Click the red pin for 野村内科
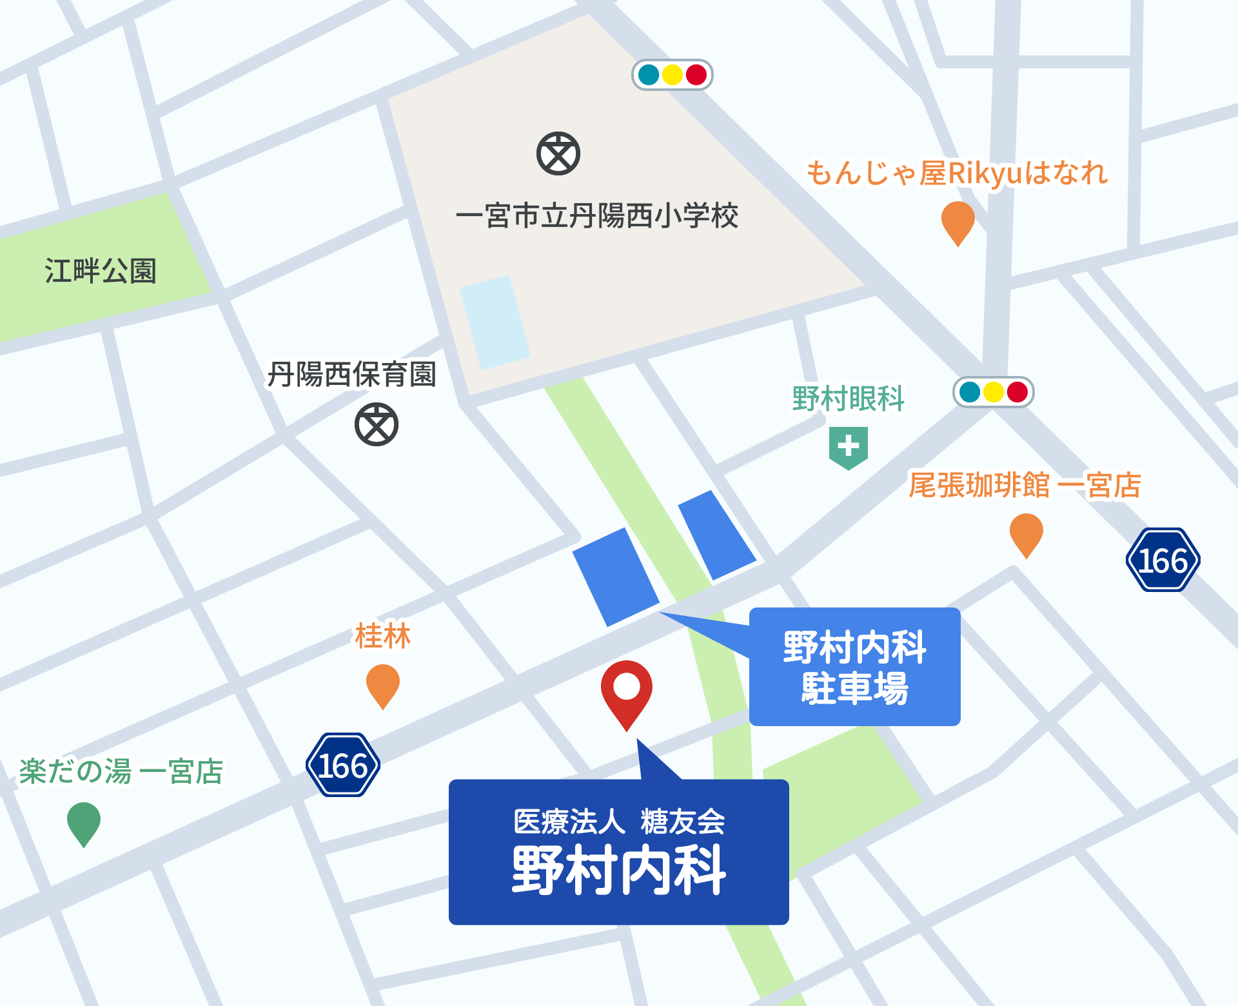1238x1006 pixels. pyautogui.click(x=626, y=691)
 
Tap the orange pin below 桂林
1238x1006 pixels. pyautogui.click(x=383, y=684)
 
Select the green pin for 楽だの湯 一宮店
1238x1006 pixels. pyautogui.click(x=84, y=822)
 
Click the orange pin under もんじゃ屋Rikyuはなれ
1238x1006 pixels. pyautogui.click(x=958, y=221)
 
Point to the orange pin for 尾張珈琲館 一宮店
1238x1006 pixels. pyautogui.click(x=1026, y=533)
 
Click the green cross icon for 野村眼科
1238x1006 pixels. pyautogui.click(x=849, y=447)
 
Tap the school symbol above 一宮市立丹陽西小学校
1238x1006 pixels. pyautogui.click(x=558, y=153)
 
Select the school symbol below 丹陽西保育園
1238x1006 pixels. pyautogui.click(x=377, y=424)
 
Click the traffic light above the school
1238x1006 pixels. pyautogui.click(x=673, y=75)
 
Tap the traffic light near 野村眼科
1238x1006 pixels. pyautogui.click(x=994, y=392)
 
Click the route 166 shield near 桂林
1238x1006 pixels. pyautogui.click(x=343, y=765)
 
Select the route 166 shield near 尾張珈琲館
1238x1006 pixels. pyautogui.click(x=1163, y=560)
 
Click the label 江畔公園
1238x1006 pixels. pyautogui.click(x=101, y=271)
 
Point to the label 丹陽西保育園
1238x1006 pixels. pyautogui.click(x=352, y=374)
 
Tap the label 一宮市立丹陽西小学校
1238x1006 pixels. pyautogui.click(x=597, y=215)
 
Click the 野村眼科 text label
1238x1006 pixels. pyautogui.click(x=849, y=399)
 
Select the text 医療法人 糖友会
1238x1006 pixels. pyautogui.click(x=619, y=822)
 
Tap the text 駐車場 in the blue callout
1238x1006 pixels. pyautogui.click(x=855, y=689)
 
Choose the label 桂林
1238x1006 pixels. pyautogui.click(x=383, y=636)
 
